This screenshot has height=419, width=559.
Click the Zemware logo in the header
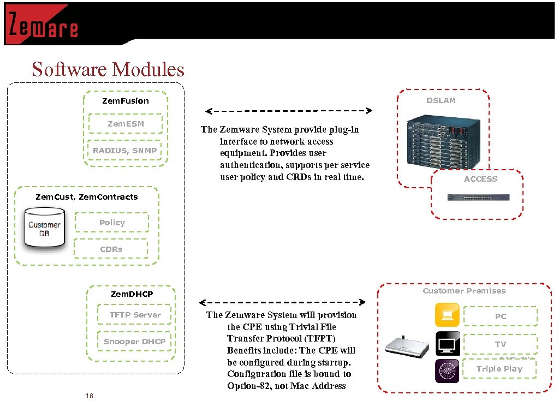click(x=43, y=25)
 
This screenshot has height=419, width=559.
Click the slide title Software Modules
click(x=108, y=70)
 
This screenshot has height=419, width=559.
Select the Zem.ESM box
click(x=126, y=124)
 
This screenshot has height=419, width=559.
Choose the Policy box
click(x=111, y=223)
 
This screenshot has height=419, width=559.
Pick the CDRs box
click(x=111, y=249)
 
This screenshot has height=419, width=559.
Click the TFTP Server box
click(x=135, y=315)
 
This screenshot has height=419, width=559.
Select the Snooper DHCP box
click(x=134, y=342)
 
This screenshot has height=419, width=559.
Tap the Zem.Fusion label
click(x=126, y=101)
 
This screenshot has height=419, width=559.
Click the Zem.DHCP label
click(x=132, y=294)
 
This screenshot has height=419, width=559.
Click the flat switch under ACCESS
click(x=479, y=197)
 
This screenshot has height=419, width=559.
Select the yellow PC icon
click(x=447, y=315)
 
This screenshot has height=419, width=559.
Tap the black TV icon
click(x=447, y=343)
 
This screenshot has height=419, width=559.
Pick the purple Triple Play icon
click(x=447, y=371)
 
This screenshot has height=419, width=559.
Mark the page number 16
click(x=90, y=396)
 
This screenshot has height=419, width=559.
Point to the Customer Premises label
click(x=464, y=291)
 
